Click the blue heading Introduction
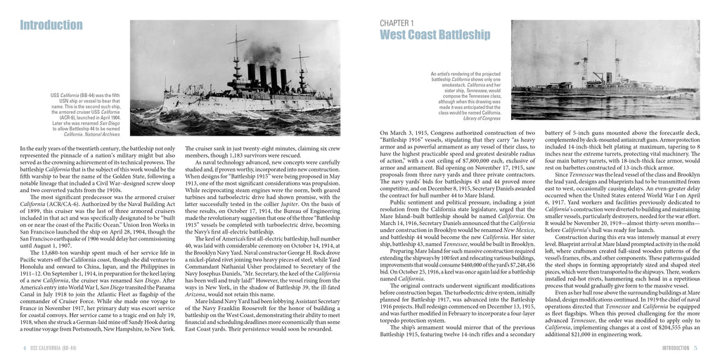(51, 26)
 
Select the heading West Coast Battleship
(435, 35)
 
